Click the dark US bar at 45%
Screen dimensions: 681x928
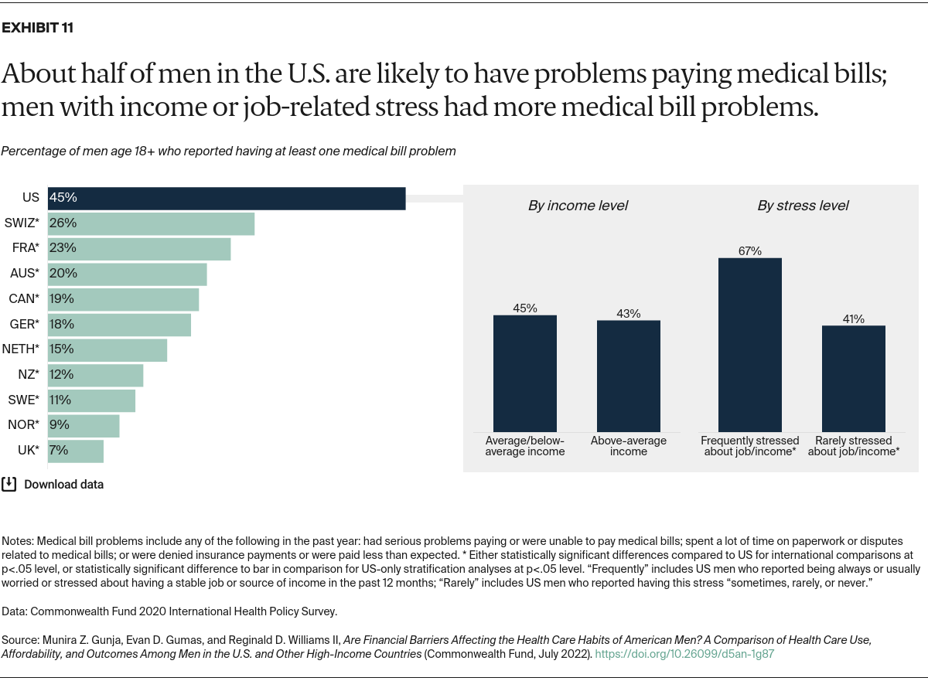point(227,198)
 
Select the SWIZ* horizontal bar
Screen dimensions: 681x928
point(151,223)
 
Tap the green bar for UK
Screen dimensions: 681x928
point(76,451)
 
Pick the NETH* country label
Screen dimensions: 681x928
point(21,349)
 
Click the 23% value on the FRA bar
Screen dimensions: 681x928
point(61,248)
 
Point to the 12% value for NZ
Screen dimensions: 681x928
point(61,375)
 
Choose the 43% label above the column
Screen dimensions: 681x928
point(628,313)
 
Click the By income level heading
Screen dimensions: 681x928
point(578,206)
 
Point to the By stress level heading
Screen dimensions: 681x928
point(802,206)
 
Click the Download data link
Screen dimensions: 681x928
point(63,485)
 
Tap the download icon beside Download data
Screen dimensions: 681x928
point(9,484)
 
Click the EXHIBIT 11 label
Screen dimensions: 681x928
point(38,29)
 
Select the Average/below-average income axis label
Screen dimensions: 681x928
point(524,446)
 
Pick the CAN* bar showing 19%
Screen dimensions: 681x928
point(123,299)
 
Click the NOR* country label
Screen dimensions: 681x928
point(22,425)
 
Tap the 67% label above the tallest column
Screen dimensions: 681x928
point(749,251)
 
